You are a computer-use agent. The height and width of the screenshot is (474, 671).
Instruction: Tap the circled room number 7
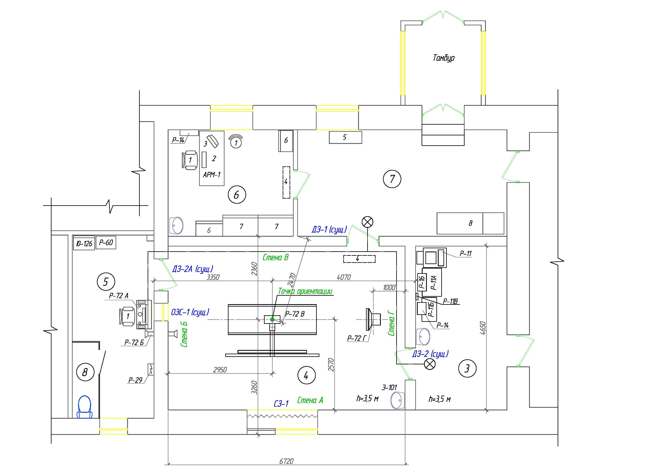pyautogui.click(x=392, y=179)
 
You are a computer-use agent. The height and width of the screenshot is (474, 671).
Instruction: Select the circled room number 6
pyautogui.click(x=237, y=195)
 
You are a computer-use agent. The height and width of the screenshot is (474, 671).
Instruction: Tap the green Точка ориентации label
pyautogui.click(x=305, y=291)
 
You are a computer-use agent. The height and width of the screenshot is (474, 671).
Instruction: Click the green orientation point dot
pyautogui.click(x=272, y=320)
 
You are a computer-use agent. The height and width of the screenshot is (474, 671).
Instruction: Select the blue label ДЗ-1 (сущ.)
pyautogui.click(x=329, y=230)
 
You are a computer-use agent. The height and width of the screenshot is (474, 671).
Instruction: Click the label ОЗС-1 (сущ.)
pyautogui.click(x=190, y=312)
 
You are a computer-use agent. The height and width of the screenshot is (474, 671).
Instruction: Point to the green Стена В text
pyautogui.click(x=276, y=257)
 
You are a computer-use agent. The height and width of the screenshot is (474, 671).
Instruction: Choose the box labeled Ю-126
pyautogui.click(x=84, y=243)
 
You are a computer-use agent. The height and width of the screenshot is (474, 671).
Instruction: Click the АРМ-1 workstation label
pyautogui.click(x=211, y=175)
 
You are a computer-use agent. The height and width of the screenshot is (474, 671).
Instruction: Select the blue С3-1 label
pyautogui.click(x=281, y=404)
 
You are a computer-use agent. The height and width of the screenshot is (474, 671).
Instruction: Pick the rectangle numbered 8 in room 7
pyautogui.click(x=470, y=223)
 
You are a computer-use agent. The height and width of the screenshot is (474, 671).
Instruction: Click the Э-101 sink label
pyautogui.click(x=389, y=387)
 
